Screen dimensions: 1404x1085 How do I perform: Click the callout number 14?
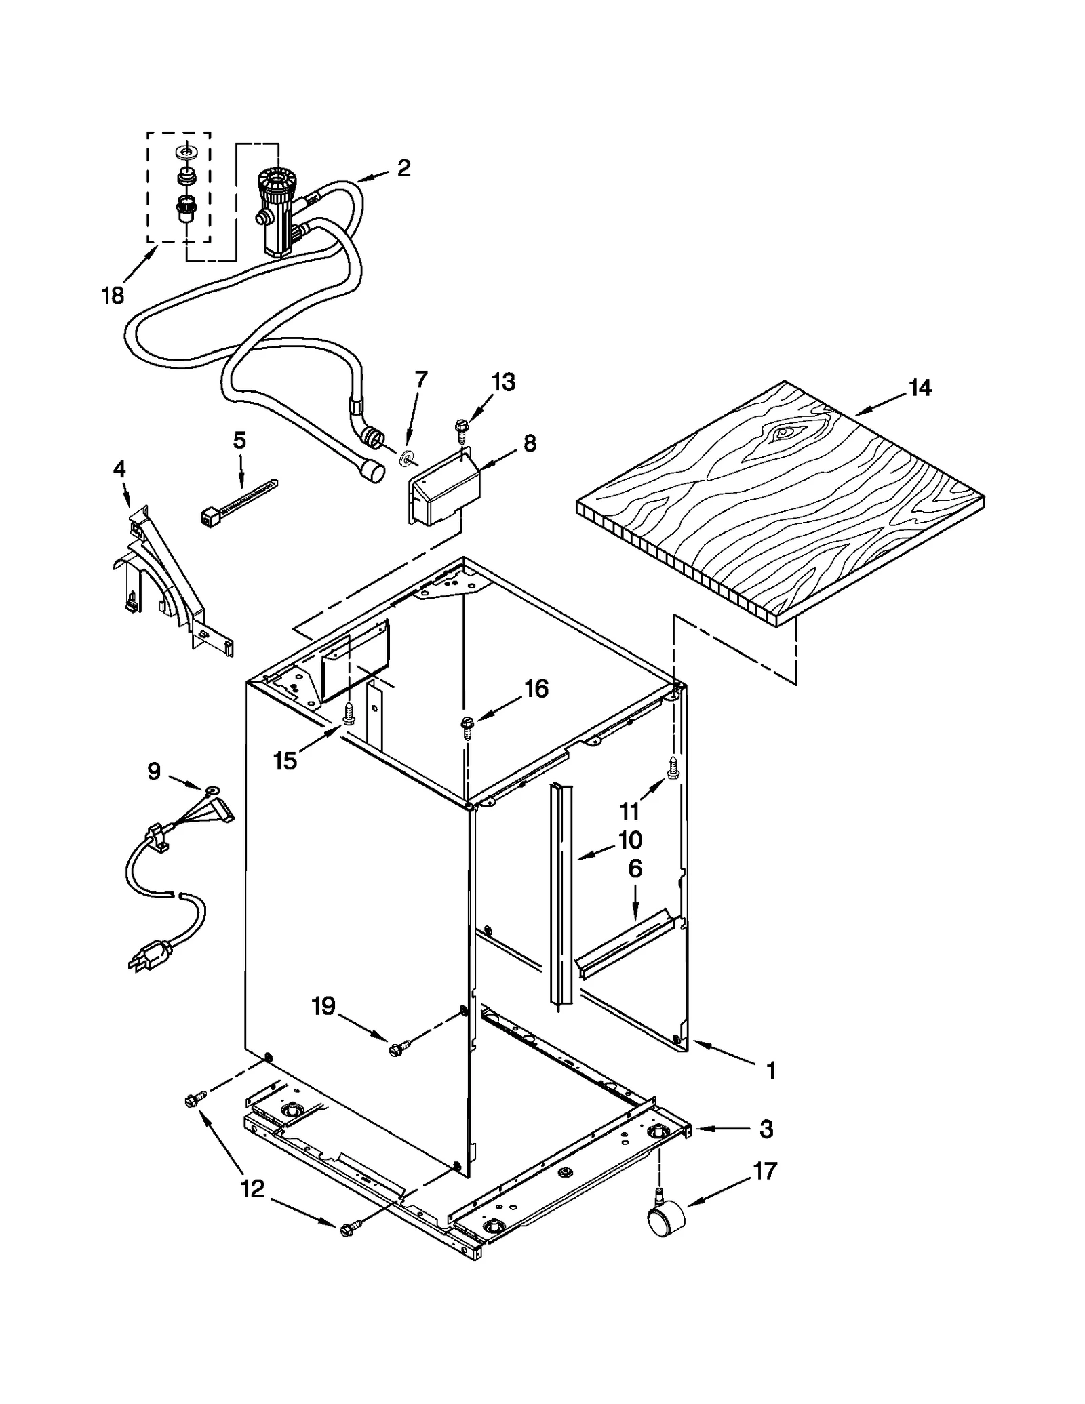(x=920, y=388)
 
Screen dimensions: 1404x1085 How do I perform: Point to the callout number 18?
(x=113, y=296)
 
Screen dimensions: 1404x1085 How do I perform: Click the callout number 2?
(x=403, y=167)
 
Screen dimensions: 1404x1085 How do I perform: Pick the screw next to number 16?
(x=467, y=725)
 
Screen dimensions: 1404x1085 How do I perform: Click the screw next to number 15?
(x=349, y=714)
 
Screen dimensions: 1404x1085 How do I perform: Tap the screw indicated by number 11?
(x=673, y=767)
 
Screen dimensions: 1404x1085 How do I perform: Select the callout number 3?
(x=766, y=1129)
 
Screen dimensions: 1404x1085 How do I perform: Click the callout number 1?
(x=770, y=1071)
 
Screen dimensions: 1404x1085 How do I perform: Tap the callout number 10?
(x=630, y=840)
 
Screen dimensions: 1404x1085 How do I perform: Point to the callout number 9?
(x=154, y=771)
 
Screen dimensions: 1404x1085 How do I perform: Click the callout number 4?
(x=119, y=468)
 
